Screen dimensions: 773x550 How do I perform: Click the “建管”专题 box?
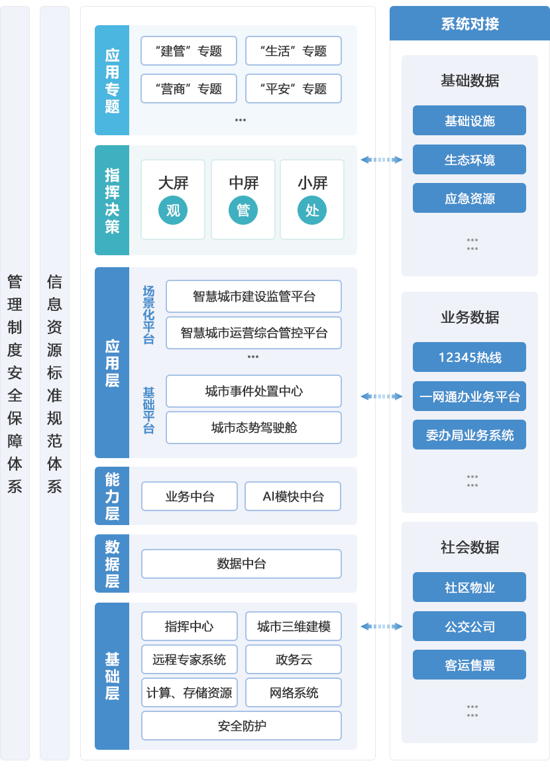pos(188,51)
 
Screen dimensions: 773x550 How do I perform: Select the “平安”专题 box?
pos(293,89)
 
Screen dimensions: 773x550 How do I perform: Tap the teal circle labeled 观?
pos(173,211)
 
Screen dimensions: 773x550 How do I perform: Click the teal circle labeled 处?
pos(312,211)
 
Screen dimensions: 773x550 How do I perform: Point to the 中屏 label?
pos(243,183)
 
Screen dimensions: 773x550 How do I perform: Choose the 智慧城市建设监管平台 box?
pos(254,296)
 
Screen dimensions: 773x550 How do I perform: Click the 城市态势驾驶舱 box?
pos(254,428)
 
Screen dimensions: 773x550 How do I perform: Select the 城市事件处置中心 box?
pos(254,391)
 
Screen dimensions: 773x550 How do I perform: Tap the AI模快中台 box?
pos(293,497)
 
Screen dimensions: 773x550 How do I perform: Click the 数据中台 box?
pos(241,564)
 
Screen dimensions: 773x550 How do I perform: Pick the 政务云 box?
pos(293,660)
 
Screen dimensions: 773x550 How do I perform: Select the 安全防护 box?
pos(241,726)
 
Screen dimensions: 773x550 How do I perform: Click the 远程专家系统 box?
pos(189,660)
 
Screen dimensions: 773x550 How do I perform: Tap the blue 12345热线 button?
pos(469,357)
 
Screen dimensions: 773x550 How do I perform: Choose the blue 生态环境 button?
pos(469,160)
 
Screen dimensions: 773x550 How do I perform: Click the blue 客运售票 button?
pos(469,665)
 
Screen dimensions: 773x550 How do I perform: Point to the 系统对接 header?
pos(469,25)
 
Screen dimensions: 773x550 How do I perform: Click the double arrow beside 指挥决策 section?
pos(382,160)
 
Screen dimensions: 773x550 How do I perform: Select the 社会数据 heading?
pos(469,548)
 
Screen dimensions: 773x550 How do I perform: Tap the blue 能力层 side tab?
pos(112,496)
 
